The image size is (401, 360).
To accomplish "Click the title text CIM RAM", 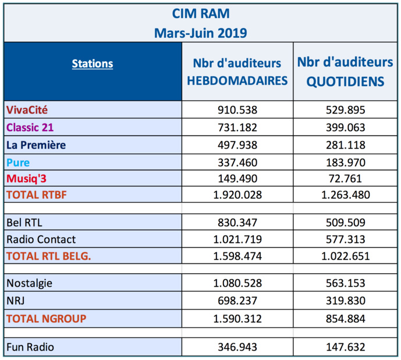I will click(x=200, y=13).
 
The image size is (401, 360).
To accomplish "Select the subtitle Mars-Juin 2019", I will click(x=200, y=32).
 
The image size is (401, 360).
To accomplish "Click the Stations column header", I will click(x=93, y=63).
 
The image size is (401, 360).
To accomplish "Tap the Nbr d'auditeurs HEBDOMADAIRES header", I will click(x=237, y=72).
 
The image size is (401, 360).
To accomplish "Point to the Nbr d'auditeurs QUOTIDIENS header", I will click(x=345, y=72).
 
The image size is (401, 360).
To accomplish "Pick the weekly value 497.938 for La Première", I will click(x=237, y=145).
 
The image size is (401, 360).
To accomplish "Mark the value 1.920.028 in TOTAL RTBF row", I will click(x=237, y=195).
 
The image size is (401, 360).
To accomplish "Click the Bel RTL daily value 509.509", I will click(x=345, y=222).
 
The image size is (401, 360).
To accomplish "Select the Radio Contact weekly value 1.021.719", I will click(x=237, y=239).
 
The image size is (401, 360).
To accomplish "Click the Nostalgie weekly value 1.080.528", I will click(x=237, y=283).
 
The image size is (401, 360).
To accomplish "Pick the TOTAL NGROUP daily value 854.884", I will click(x=345, y=318).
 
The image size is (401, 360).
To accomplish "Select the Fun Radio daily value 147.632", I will click(x=345, y=347).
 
